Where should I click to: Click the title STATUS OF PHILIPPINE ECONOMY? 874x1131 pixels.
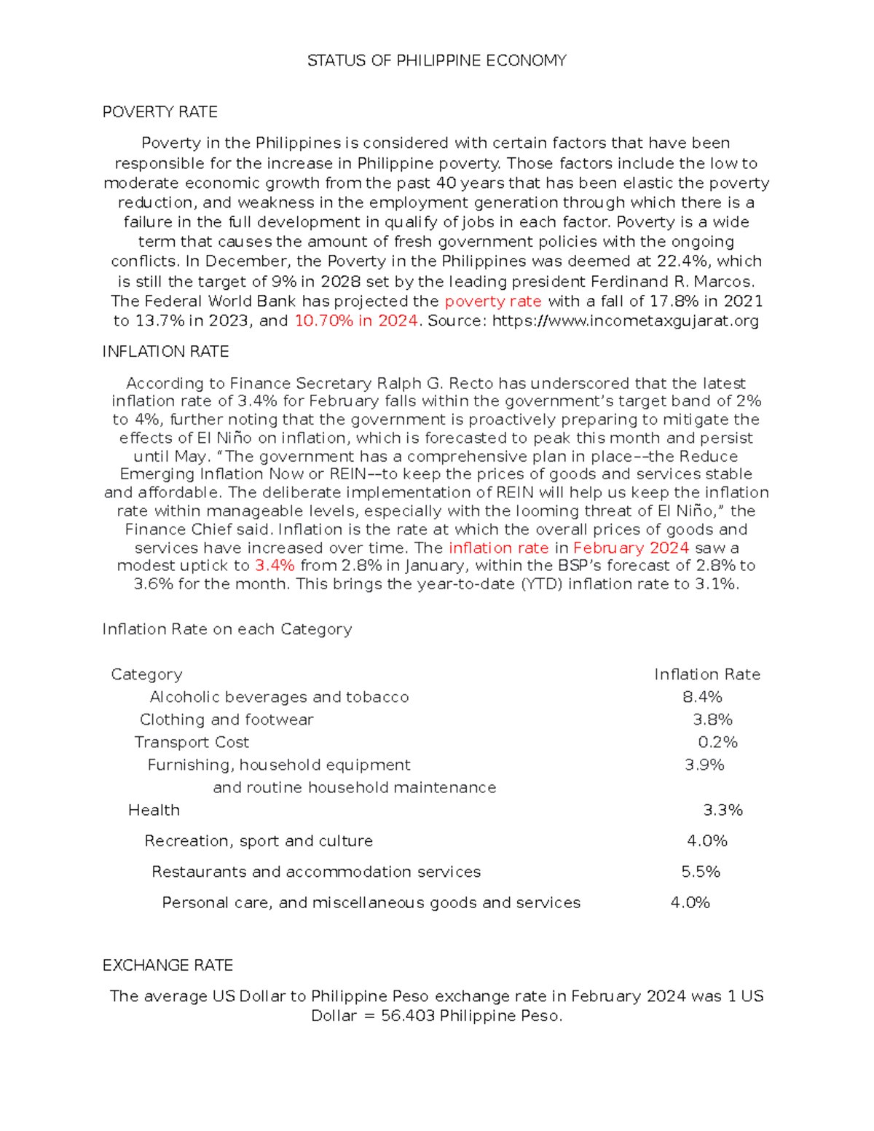tap(436, 60)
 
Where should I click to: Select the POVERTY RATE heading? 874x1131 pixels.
tap(160, 112)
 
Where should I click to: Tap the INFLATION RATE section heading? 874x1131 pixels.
tap(165, 352)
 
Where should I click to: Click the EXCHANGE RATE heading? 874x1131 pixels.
tap(168, 966)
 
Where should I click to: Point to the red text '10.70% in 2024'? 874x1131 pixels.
tap(356, 321)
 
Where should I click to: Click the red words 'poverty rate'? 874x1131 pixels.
tap(493, 302)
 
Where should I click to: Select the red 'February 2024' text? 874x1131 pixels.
tap(631, 548)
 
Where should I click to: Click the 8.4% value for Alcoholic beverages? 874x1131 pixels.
tap(702, 697)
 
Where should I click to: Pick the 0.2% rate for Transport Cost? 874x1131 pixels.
tap(717, 742)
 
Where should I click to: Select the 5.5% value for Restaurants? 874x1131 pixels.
tap(701, 872)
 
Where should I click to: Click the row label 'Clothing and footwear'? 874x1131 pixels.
tap(227, 720)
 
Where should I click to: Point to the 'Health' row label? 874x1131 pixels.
tap(154, 810)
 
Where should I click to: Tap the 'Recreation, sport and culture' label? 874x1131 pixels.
tap(259, 841)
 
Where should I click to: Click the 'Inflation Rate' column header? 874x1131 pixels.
tap(706, 674)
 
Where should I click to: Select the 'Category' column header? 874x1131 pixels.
tap(146, 674)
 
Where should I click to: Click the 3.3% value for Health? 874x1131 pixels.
tap(723, 810)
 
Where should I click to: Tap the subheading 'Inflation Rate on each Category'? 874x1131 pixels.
tap(227, 629)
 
